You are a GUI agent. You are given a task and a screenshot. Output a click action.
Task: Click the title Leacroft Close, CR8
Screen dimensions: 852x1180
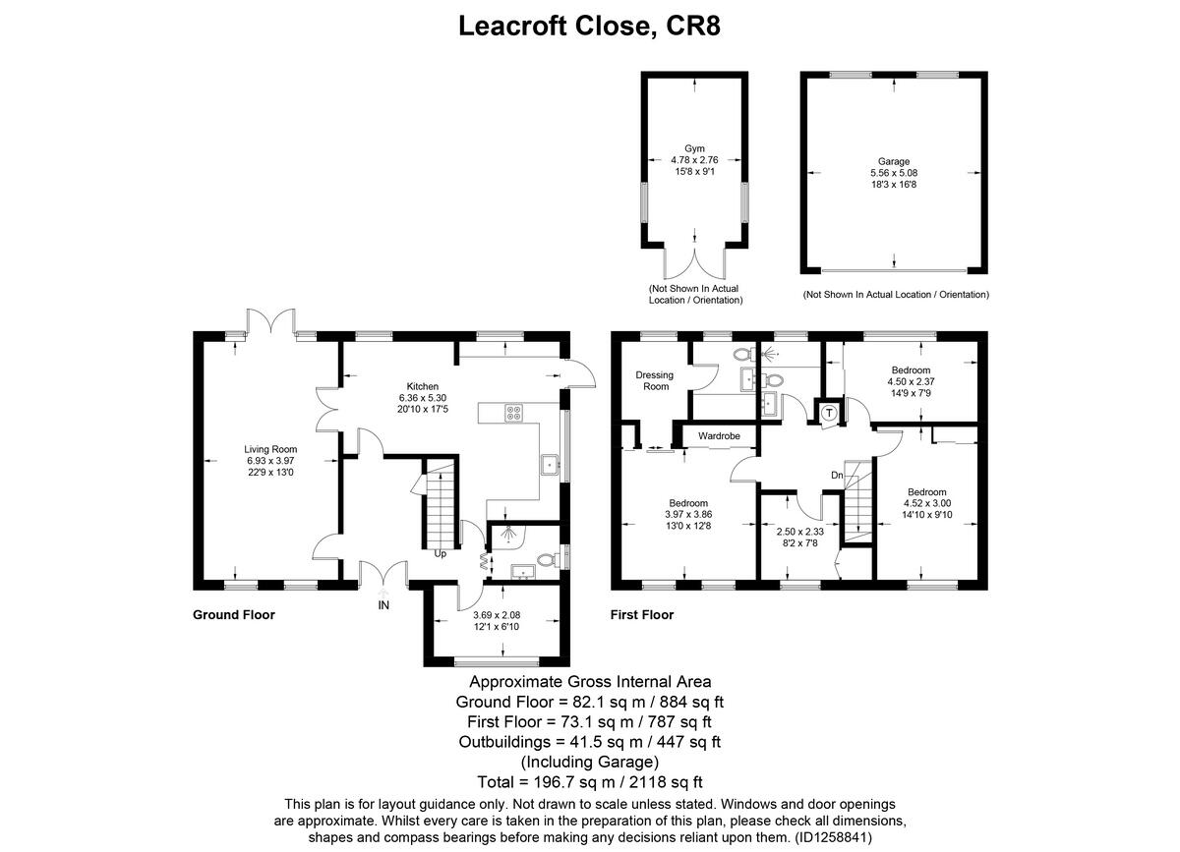click(590, 26)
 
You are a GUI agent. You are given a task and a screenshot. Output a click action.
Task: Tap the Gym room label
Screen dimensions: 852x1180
click(694, 148)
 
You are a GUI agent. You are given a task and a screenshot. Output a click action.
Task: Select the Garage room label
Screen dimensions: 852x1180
click(894, 161)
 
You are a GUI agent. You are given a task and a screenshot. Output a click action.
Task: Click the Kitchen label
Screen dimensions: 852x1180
click(423, 386)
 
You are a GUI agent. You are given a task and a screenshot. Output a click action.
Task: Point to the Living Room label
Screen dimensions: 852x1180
click(270, 449)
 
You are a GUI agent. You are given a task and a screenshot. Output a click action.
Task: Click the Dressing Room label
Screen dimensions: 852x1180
click(656, 380)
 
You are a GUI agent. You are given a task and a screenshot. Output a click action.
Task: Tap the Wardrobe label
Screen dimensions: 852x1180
click(719, 434)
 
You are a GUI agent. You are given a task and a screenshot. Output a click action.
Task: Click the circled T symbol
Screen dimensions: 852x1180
click(829, 413)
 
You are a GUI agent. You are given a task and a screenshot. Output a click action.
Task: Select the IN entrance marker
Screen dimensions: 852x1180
click(383, 605)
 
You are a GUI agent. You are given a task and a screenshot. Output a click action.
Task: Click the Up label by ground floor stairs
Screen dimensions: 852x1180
click(442, 553)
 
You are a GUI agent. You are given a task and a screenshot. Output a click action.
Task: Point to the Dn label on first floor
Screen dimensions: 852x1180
click(837, 476)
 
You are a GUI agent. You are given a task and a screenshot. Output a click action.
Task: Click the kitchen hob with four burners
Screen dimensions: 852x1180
click(512, 413)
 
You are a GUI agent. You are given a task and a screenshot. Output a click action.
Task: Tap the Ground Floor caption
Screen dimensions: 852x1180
click(233, 615)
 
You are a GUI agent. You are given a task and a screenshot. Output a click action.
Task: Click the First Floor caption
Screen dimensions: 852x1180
click(641, 615)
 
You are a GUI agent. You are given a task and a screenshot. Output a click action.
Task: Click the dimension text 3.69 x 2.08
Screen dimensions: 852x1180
click(497, 615)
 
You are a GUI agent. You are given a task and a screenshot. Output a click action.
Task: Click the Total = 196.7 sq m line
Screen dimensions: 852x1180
click(590, 782)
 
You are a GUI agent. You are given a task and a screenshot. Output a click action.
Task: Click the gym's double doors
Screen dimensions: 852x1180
click(694, 264)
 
